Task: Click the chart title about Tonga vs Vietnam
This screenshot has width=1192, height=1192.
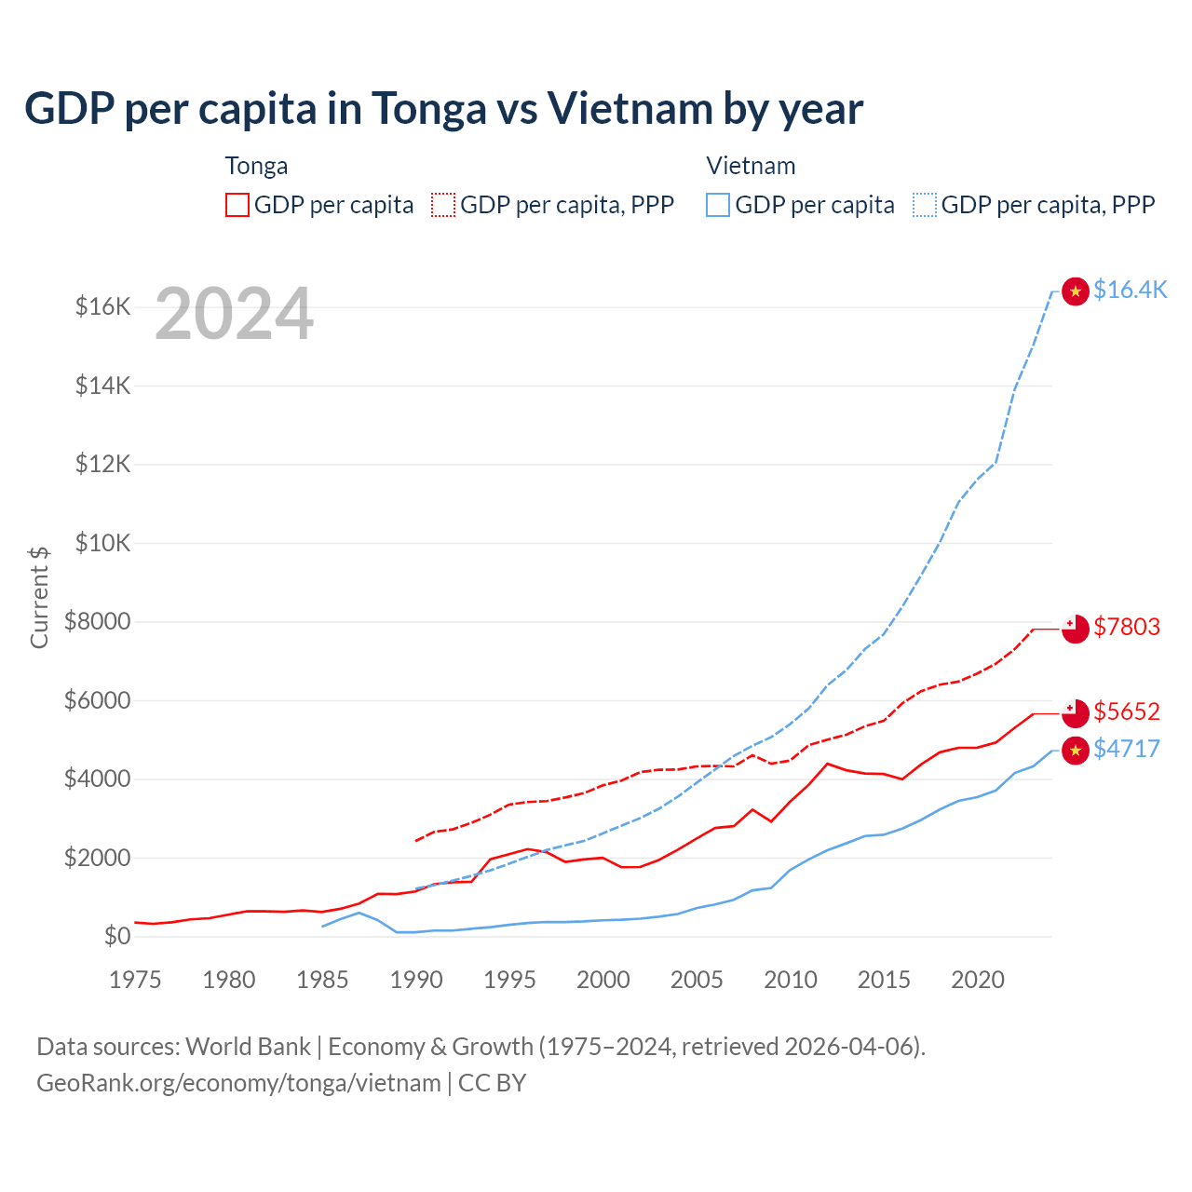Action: [443, 109]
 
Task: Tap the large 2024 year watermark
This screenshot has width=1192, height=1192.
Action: [234, 315]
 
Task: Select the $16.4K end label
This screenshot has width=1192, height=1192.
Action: [1130, 290]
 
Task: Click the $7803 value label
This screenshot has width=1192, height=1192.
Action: [1127, 627]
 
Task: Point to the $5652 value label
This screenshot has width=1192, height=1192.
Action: [1127, 711]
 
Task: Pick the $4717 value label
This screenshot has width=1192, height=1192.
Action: [1127, 749]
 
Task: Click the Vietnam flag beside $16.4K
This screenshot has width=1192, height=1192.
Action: [1076, 291]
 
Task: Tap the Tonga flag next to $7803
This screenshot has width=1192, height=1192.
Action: [1076, 629]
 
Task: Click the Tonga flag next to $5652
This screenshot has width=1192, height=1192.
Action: [1076, 713]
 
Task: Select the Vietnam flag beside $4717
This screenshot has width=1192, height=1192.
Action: [1076, 751]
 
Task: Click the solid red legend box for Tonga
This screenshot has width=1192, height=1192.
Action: [237, 205]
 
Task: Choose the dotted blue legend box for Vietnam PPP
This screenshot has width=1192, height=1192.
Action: [925, 205]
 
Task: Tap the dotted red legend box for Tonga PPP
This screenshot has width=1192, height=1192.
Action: [444, 205]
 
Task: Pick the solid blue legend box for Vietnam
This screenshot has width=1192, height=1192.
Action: [718, 205]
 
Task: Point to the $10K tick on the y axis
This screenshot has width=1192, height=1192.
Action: [102, 543]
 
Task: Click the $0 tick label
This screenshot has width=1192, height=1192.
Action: [116, 936]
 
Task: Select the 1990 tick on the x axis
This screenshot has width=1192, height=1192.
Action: [416, 980]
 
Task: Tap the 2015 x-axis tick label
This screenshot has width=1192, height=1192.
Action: [884, 980]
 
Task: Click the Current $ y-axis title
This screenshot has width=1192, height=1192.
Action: [39, 597]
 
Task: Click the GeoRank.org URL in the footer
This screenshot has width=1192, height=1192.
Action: [238, 1083]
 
